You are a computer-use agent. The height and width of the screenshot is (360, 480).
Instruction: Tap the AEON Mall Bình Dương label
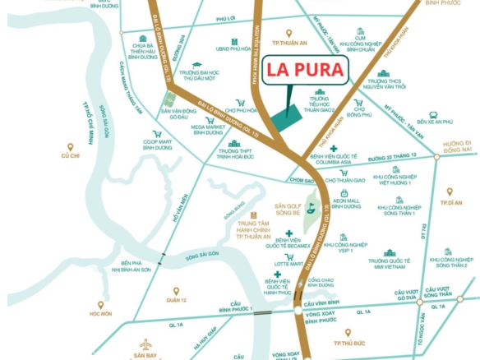[347, 203]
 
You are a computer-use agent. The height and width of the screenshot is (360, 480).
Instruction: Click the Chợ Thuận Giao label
[346, 180]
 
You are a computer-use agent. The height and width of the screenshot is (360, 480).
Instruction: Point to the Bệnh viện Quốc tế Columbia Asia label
[335, 157]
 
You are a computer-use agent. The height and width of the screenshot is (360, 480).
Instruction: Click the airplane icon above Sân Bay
[146, 344]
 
